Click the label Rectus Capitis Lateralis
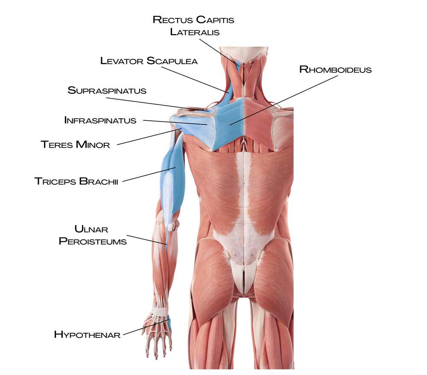pos(193,26)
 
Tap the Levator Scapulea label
pos(149,61)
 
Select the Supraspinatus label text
pos(107,90)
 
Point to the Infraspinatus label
pos(100,120)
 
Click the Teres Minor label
pos(75,144)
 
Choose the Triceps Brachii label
pos(76,181)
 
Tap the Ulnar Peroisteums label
pos(93,235)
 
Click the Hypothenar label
pos(87,334)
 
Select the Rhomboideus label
pos(336,70)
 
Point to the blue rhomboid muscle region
pos(229,122)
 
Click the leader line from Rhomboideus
pos(284,100)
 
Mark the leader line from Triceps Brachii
pos(149,174)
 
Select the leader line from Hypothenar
pos(146,327)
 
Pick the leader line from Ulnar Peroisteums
pos(147,240)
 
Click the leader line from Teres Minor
pos(149,137)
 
